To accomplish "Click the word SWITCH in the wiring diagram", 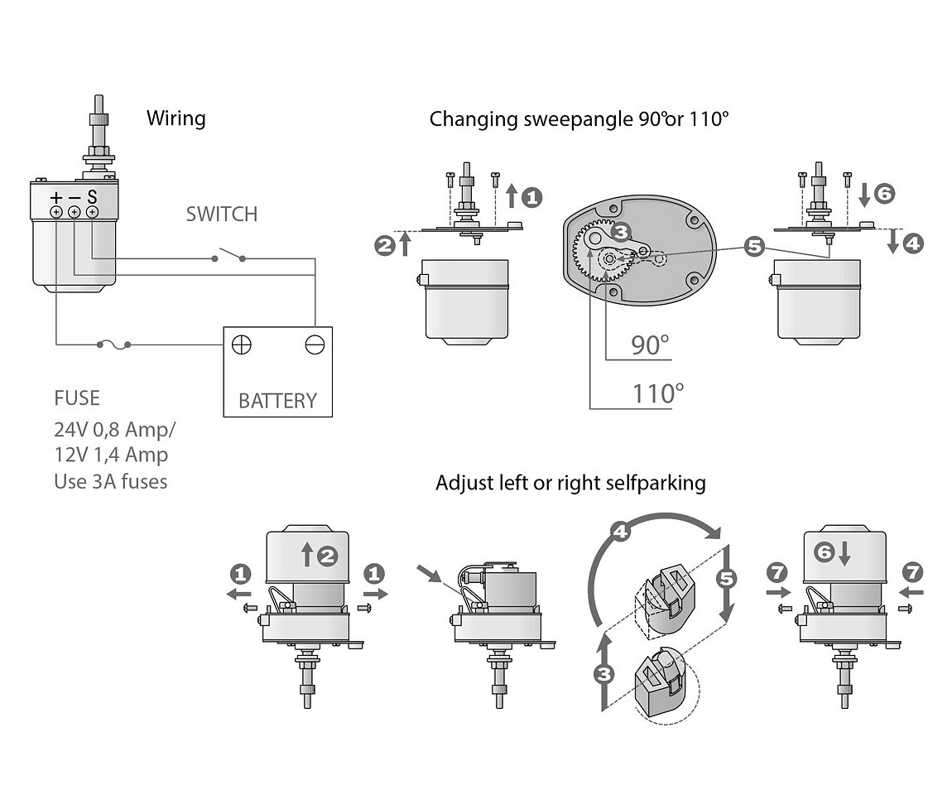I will click(221, 214).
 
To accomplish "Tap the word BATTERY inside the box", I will click(277, 401).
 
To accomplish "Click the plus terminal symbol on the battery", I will click(242, 344).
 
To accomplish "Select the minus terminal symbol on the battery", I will click(314, 344).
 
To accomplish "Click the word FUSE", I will click(77, 398).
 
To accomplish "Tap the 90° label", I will click(650, 344).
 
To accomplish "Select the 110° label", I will click(659, 393).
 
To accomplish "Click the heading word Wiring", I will click(175, 118).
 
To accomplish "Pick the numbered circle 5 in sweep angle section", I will click(752, 246).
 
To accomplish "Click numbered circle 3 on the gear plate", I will click(623, 232).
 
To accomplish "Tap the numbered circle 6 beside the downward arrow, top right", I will click(883, 194).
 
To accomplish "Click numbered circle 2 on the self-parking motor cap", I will click(327, 556).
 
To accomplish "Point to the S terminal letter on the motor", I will click(92, 198).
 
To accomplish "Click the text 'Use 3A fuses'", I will click(110, 481).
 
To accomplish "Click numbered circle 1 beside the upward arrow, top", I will click(531, 197).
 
